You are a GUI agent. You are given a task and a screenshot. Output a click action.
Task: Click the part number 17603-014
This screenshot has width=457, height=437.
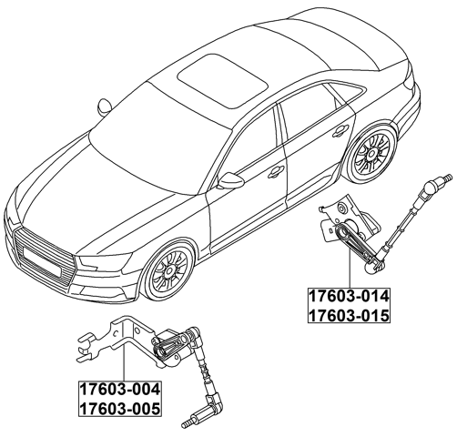(x=349, y=296)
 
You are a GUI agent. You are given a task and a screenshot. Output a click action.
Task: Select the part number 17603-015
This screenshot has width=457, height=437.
(x=349, y=315)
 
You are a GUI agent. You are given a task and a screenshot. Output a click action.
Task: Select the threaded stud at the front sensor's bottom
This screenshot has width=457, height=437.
(x=188, y=421)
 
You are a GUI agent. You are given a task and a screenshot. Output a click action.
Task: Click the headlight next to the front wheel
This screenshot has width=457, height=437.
(x=102, y=264)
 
